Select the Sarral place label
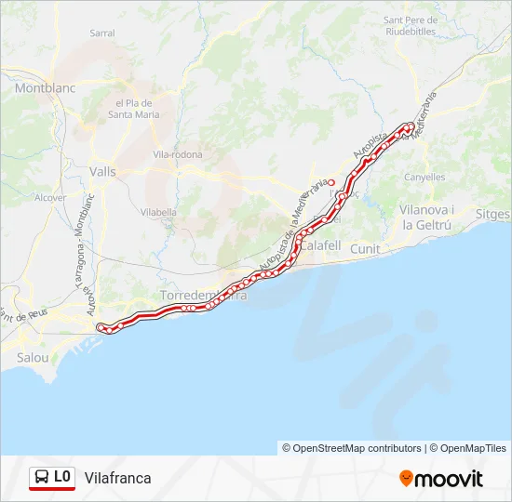click(102, 33)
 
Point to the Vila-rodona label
click(177, 154)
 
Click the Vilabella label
click(158, 212)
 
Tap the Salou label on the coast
click(33, 357)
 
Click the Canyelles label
click(425, 177)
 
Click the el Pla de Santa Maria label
click(135, 109)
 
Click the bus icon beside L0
click(41, 478)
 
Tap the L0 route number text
click(62, 477)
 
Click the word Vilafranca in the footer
click(117, 478)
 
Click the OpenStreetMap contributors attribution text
click(357, 448)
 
